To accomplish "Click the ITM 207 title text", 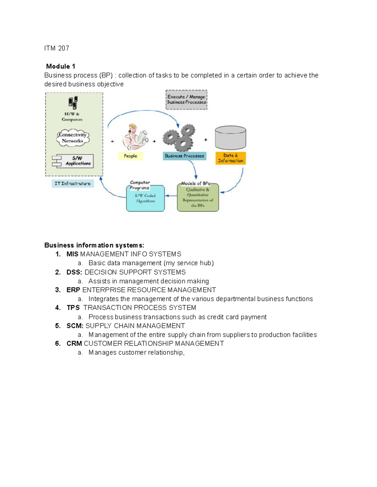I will [x=57, y=48].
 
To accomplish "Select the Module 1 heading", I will [x=61, y=66].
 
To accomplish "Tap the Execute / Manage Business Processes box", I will [x=186, y=100].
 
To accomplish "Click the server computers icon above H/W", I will [x=73, y=103].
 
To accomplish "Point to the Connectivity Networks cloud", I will [x=73, y=138].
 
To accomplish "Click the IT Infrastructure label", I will [x=73, y=183].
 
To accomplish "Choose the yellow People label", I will [x=130, y=156].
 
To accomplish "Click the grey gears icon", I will [x=179, y=137].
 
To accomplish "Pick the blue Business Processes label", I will [x=184, y=156].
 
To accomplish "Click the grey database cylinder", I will [x=230, y=137].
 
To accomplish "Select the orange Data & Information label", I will [x=231, y=158].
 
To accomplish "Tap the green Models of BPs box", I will [x=198, y=198].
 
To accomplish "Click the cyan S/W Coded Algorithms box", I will [x=145, y=199].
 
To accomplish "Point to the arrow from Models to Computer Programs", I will [x=171, y=196].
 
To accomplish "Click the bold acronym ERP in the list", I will [x=73, y=290].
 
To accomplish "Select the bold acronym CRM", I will [x=74, y=344].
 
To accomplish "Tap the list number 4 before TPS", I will [x=58, y=308].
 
